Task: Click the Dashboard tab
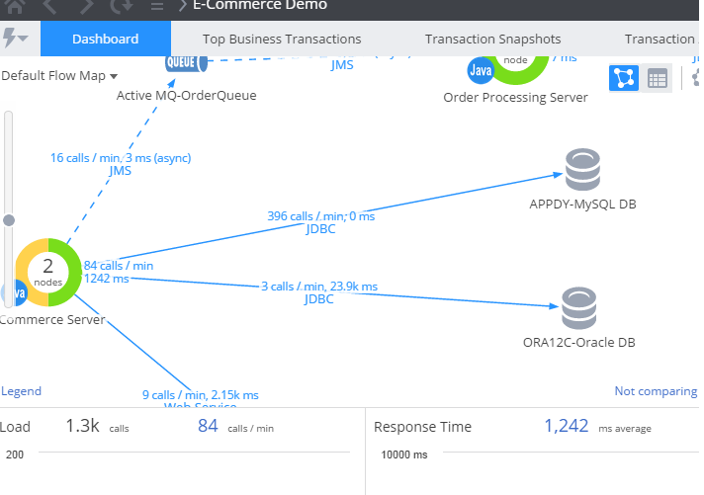[x=106, y=40]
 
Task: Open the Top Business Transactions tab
[x=282, y=40]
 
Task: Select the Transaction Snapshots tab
[x=492, y=40]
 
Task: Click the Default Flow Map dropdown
[x=59, y=76]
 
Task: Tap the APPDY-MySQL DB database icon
[x=582, y=170]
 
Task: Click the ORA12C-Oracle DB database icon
[x=579, y=308]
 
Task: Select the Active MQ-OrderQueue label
[x=186, y=96]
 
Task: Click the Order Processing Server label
[x=515, y=97]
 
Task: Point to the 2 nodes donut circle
[x=47, y=272]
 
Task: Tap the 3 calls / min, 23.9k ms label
[x=319, y=287]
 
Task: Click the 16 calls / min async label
[x=121, y=157]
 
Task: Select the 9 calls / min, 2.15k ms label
[x=201, y=395]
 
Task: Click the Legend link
[x=21, y=391]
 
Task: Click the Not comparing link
[x=655, y=391]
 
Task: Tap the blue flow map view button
[x=623, y=78]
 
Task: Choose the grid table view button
[x=657, y=78]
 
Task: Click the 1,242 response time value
[x=567, y=427]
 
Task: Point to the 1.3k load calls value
[x=83, y=427]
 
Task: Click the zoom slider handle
[x=10, y=220]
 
